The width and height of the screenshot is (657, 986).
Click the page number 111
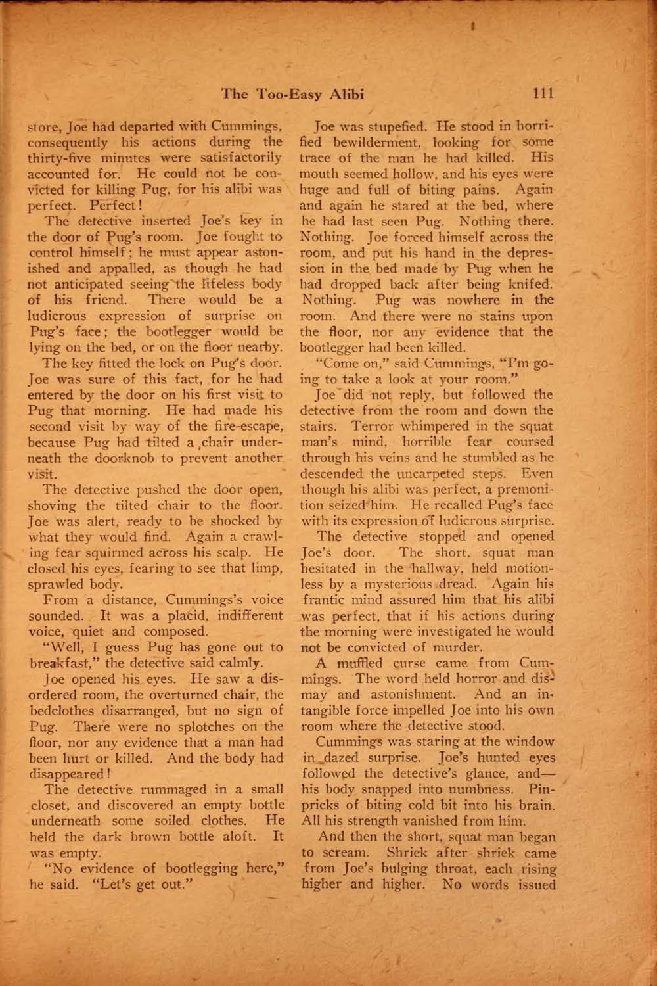coord(543,93)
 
